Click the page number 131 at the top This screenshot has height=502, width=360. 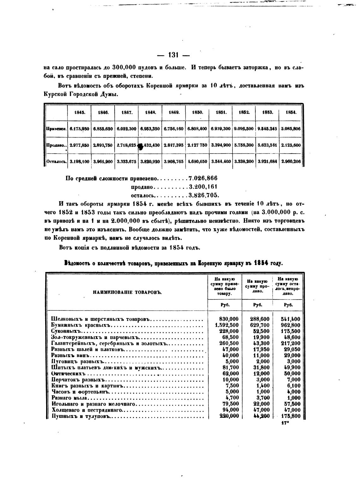pos(173,55)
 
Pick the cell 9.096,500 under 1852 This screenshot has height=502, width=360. pos(243,129)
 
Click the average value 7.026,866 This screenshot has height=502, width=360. pos(203,178)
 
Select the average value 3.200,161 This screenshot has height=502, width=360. pos(203,187)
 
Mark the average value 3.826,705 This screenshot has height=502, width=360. pos(204,195)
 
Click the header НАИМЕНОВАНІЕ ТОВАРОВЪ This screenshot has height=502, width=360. pos(127,293)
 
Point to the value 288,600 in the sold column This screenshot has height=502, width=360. pos(260,319)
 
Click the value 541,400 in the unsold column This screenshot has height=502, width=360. pos(291,319)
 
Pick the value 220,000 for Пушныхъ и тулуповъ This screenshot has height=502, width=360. pos(229,416)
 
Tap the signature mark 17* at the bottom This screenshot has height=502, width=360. pos(285,423)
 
